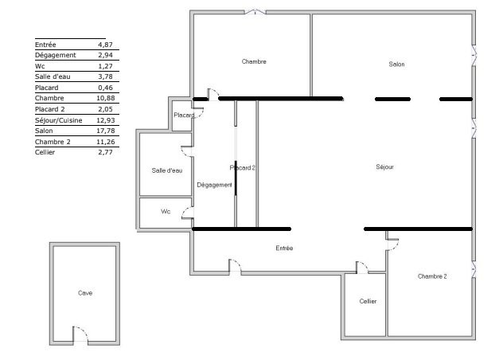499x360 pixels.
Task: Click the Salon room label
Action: tap(396, 65)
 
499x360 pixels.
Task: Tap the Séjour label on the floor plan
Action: tap(384, 167)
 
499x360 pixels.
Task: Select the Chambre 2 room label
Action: tap(432, 276)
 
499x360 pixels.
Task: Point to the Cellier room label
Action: tap(368, 301)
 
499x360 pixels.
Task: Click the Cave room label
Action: tap(85, 293)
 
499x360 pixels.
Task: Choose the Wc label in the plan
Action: tap(166, 212)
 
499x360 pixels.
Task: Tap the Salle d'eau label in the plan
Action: tap(167, 170)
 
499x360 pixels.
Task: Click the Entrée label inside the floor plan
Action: tap(284, 248)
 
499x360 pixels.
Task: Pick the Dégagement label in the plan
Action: tap(214, 185)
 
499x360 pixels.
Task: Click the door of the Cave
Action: tap(80, 335)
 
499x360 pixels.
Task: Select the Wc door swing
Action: tap(188, 213)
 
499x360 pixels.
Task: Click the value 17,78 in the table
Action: tap(106, 131)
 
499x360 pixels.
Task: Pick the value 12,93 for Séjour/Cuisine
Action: tap(106, 120)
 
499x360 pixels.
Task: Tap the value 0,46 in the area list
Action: tap(105, 88)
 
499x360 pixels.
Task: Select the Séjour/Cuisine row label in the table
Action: tap(59, 120)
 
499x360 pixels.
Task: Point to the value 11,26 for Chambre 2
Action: tap(106, 142)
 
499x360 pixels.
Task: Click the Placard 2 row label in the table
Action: tap(50, 109)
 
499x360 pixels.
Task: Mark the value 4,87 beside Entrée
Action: tap(105, 45)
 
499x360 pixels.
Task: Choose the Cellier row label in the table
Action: tap(45, 152)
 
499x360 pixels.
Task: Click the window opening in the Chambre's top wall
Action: tap(255, 12)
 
